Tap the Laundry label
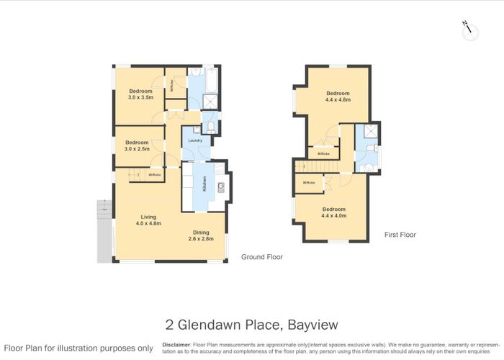pyautogui.click(x=194, y=140)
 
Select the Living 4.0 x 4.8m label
pyautogui.click(x=148, y=220)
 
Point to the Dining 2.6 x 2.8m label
pyautogui.click(x=201, y=235)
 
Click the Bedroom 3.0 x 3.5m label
pyautogui.click(x=140, y=94)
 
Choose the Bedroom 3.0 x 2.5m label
pyautogui.click(x=137, y=145)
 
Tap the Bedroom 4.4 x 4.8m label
pyautogui.click(x=338, y=96)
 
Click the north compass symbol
pyautogui.click(x=469, y=30)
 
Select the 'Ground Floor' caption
pyautogui.click(x=262, y=257)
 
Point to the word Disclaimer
pyautogui.click(x=176, y=344)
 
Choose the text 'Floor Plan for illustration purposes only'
pyautogui.click(x=78, y=348)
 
